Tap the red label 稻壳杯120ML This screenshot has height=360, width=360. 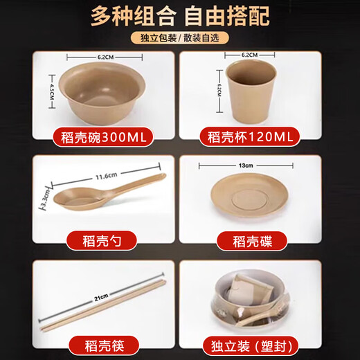pos(250,137)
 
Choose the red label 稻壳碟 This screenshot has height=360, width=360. pos(250,241)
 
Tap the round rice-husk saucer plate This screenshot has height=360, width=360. pos(250,200)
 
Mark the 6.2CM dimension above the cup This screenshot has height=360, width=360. pos(250,54)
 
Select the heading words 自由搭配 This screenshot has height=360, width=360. pos(229,15)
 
